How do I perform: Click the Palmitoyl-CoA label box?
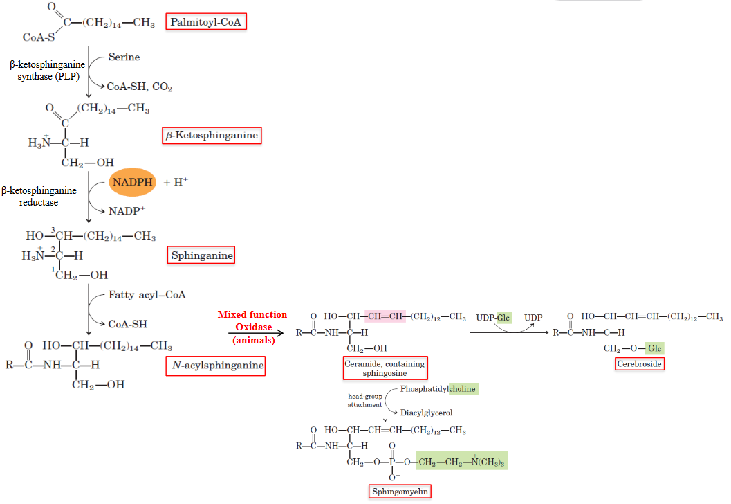tap(206, 22)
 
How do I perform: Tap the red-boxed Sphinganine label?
tap(202, 255)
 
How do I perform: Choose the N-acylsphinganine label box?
tap(216, 365)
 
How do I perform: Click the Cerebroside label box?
tap(640, 363)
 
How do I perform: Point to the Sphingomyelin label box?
tap(400, 492)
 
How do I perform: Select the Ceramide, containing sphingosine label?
tap(385, 368)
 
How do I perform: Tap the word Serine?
tap(124, 57)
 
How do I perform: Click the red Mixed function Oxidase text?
tap(252, 326)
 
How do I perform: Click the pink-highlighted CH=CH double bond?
tap(385, 317)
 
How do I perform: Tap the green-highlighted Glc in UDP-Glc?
tap(503, 317)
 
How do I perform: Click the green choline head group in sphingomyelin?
tap(461, 460)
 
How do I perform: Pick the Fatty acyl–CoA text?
tap(147, 294)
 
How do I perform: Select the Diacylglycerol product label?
tap(426, 412)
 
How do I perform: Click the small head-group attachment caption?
tap(364, 400)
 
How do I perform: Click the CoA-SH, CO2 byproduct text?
tap(139, 87)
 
